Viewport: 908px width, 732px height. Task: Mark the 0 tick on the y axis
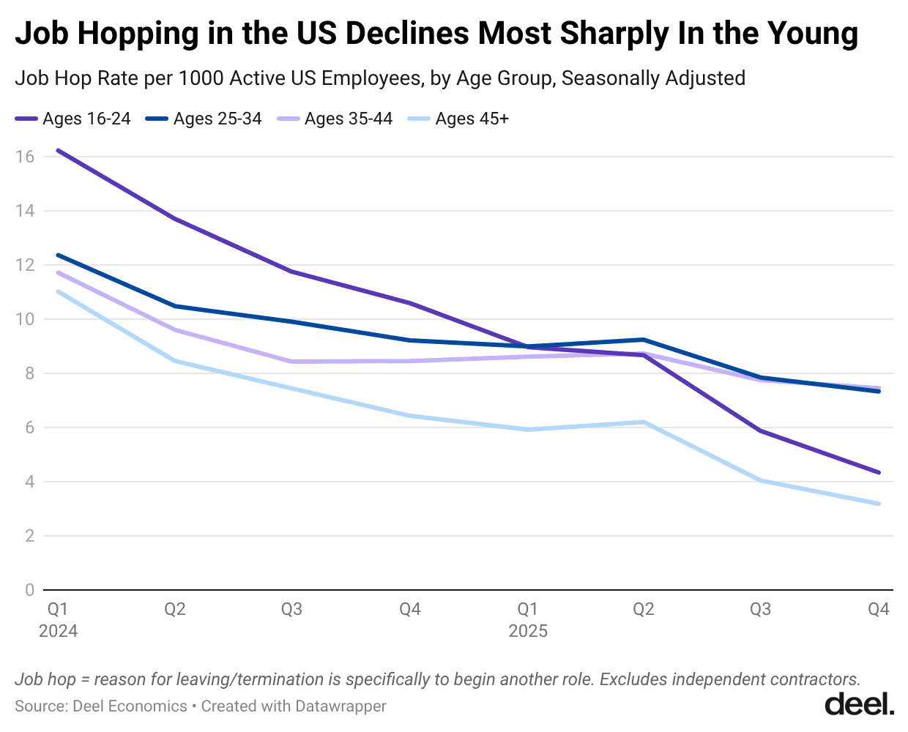coord(29,590)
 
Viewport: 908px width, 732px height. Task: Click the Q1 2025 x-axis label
coord(527,619)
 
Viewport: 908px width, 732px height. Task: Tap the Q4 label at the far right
coord(878,609)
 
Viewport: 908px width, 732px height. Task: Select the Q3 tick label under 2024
coord(291,609)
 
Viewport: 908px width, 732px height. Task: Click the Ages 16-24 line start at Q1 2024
coord(58,151)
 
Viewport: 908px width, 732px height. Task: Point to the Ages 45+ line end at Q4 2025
coord(878,504)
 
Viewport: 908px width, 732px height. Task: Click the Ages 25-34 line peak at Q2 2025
coord(643,340)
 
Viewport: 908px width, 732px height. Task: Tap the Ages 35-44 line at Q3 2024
coord(291,362)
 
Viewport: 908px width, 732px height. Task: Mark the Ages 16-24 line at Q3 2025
coord(761,431)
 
